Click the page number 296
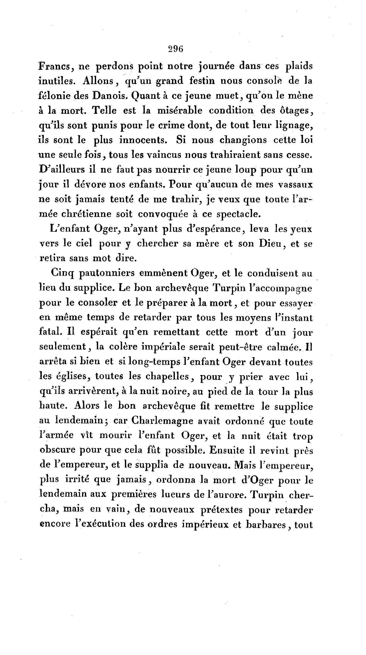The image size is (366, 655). pos(176,49)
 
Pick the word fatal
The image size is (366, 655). pos(50,332)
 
